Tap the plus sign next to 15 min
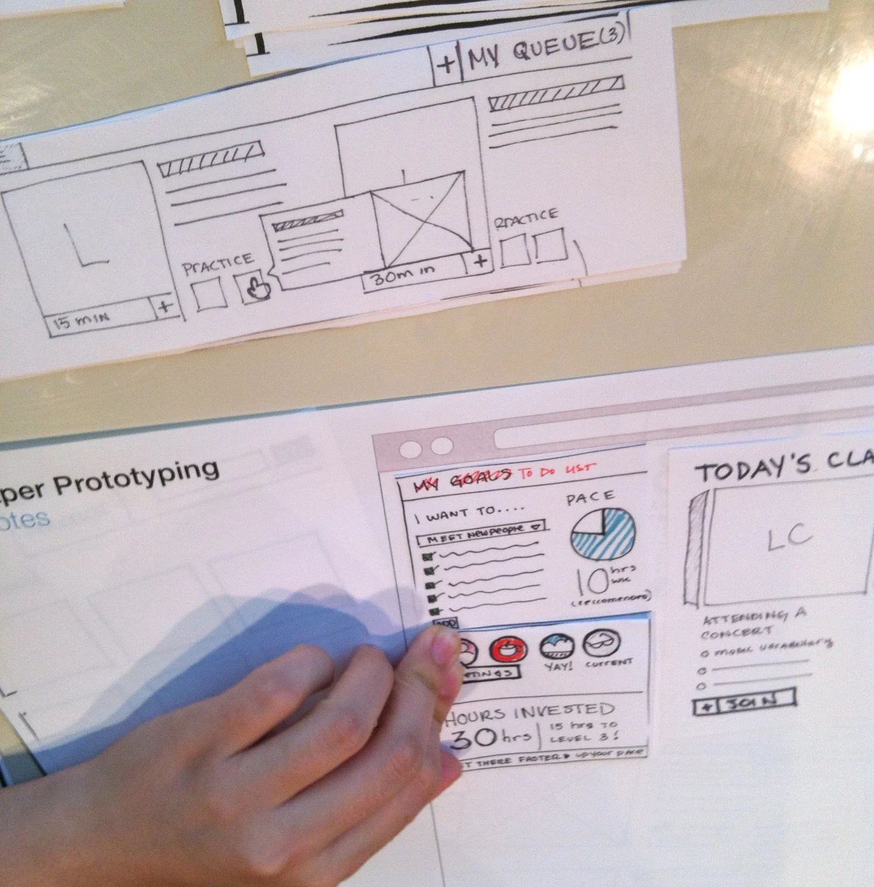[165, 307]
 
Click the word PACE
[590, 498]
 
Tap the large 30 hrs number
[489, 738]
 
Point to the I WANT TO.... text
[470, 514]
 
